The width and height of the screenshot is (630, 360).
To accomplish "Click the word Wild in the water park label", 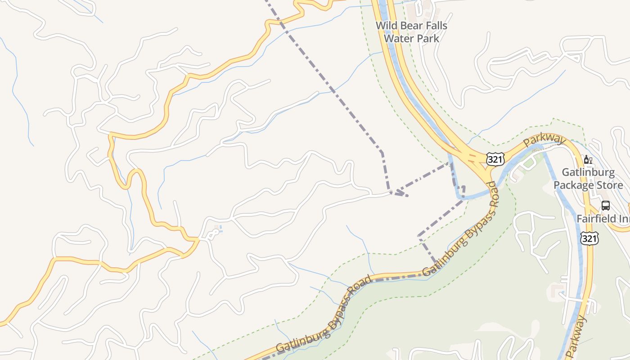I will click(x=386, y=26).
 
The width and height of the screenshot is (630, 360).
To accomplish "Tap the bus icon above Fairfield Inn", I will click(x=606, y=206).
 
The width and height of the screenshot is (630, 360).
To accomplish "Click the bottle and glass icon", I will click(x=588, y=159).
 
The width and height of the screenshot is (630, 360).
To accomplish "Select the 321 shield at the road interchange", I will click(x=495, y=159).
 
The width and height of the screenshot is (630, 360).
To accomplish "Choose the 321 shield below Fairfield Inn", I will click(x=589, y=238).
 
